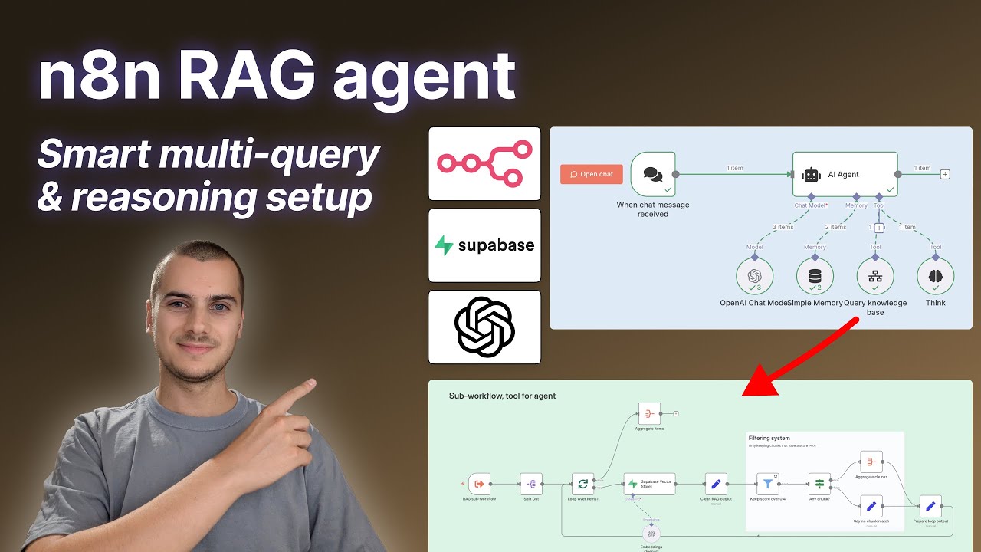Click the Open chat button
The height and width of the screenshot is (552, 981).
point(592,174)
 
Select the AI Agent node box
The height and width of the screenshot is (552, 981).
point(845,174)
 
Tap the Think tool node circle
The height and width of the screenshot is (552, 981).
point(935,276)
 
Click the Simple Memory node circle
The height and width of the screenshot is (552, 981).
point(815,276)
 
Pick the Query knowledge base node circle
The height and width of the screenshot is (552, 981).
point(874,276)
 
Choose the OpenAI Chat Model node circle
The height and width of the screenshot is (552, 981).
point(755,276)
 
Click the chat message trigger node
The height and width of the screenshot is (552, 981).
point(653,174)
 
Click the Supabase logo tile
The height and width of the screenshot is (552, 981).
point(484,245)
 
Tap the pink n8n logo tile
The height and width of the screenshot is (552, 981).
point(484,164)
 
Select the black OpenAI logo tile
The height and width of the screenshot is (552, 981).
point(484,327)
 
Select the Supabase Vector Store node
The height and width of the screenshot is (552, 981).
point(649,484)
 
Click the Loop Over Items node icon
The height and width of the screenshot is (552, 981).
point(583,484)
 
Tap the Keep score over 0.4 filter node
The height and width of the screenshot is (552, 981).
point(767,484)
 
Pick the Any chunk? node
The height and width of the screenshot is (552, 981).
point(819,484)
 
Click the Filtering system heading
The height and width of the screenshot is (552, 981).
point(769,439)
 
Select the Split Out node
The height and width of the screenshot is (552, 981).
point(531,484)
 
